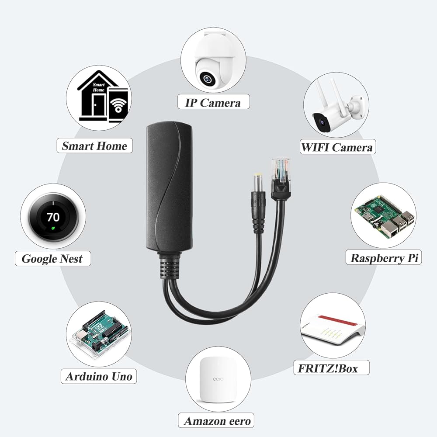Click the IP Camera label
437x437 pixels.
point(213,103)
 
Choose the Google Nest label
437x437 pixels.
point(52,258)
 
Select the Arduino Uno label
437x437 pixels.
point(98,376)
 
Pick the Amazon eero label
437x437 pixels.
point(217,421)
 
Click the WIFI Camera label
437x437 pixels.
point(337,147)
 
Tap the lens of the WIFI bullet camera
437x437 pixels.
point(322,122)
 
